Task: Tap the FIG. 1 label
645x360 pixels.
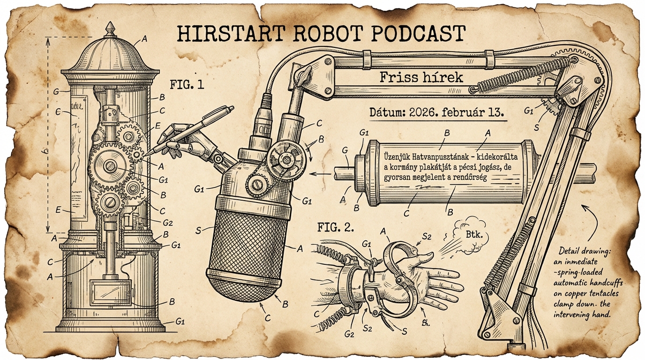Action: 187,85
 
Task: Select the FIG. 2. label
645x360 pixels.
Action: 336,228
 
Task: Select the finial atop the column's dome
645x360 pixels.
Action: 110,27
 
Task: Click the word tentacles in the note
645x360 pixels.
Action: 605,293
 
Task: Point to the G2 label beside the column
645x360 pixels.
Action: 167,222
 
